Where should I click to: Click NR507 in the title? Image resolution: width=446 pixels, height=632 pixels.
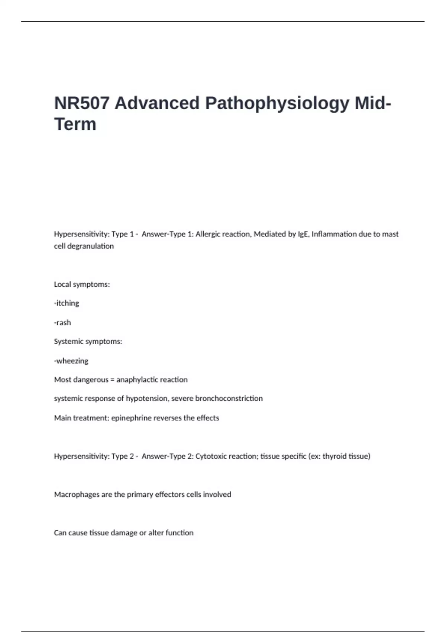tap(82, 103)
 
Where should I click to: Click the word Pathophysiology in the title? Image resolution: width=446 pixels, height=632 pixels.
tap(277, 103)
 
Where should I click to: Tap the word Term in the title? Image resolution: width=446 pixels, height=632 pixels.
tap(75, 124)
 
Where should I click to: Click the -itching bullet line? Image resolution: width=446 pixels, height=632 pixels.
tap(67, 303)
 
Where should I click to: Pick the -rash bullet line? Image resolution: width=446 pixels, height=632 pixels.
tap(62, 322)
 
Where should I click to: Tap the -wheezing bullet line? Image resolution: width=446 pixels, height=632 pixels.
tap(71, 361)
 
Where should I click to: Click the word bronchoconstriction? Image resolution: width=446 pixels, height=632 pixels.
tap(229, 399)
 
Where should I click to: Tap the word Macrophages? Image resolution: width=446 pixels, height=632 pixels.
tap(77, 494)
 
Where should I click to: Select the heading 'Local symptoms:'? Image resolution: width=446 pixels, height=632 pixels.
tap(82, 284)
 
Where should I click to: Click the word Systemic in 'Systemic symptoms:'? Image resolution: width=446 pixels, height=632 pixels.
tap(69, 341)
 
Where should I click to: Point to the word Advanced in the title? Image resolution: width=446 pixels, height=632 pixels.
tap(157, 103)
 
